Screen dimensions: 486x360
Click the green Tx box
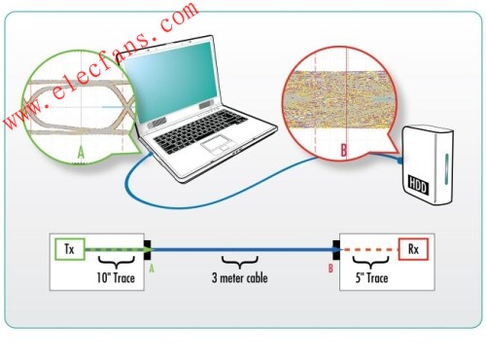(x=70, y=249)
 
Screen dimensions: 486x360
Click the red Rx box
(x=413, y=249)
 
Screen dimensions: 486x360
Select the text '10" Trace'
(x=116, y=278)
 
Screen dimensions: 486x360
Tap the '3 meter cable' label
(x=240, y=278)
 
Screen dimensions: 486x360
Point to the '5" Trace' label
(x=371, y=278)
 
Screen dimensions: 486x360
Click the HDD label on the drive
(x=418, y=185)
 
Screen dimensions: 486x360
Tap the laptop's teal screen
(x=171, y=80)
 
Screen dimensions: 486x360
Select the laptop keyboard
(x=199, y=129)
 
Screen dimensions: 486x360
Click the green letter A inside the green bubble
(x=81, y=152)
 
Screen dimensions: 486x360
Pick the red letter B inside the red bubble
(x=343, y=150)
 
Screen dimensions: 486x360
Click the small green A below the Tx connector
(x=152, y=269)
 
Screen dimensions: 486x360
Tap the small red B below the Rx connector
(x=330, y=269)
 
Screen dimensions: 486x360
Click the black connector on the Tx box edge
(x=148, y=249)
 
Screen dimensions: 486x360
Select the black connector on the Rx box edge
(x=336, y=249)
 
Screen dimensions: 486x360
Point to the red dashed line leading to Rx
(x=369, y=250)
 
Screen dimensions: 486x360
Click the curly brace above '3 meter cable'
(x=240, y=263)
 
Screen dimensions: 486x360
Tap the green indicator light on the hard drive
(x=446, y=169)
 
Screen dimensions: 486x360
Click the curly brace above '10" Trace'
(x=116, y=263)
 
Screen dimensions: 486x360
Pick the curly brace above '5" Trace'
(x=371, y=263)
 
